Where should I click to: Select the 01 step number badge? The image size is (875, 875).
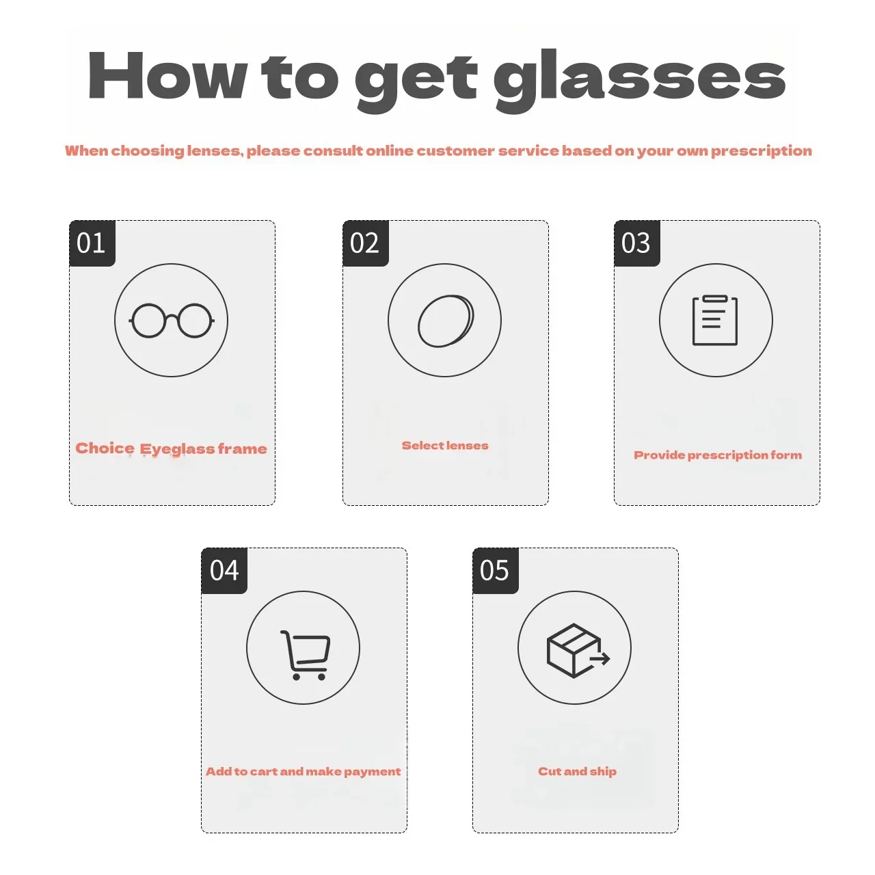coord(92,243)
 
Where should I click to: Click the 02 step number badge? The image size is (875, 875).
coord(366,243)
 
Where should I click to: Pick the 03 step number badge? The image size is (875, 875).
coord(636,243)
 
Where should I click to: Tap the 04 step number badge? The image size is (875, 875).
coord(224,571)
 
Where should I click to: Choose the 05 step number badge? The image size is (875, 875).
coord(496,571)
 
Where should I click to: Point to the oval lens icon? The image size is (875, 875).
coord(446,321)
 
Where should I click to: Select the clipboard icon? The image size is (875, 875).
coord(715,321)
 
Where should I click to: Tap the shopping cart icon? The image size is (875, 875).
coord(305,656)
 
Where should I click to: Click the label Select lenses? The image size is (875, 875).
coord(445,446)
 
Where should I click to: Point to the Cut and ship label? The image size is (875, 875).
coord(577,772)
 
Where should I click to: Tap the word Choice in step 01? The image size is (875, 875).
coord(105,448)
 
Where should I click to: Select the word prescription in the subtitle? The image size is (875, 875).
coord(762,151)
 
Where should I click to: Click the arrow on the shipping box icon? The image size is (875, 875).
coord(600,658)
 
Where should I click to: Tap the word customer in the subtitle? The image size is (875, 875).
coord(455,151)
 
